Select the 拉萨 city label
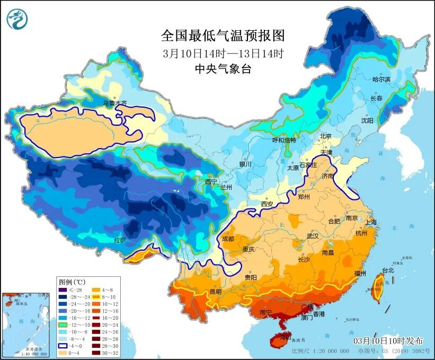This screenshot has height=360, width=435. [x=120, y=240]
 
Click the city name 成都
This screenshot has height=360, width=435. [x=228, y=239]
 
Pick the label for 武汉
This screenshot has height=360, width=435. [x=312, y=235]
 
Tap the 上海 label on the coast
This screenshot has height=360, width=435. [x=370, y=222]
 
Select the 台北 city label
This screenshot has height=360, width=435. [x=388, y=270]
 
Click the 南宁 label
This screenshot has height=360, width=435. [x=266, y=313]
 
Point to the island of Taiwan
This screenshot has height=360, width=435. [x=379, y=288]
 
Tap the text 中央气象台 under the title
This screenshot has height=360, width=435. [x=223, y=68]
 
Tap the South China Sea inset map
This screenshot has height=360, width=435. [x=25, y=324]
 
